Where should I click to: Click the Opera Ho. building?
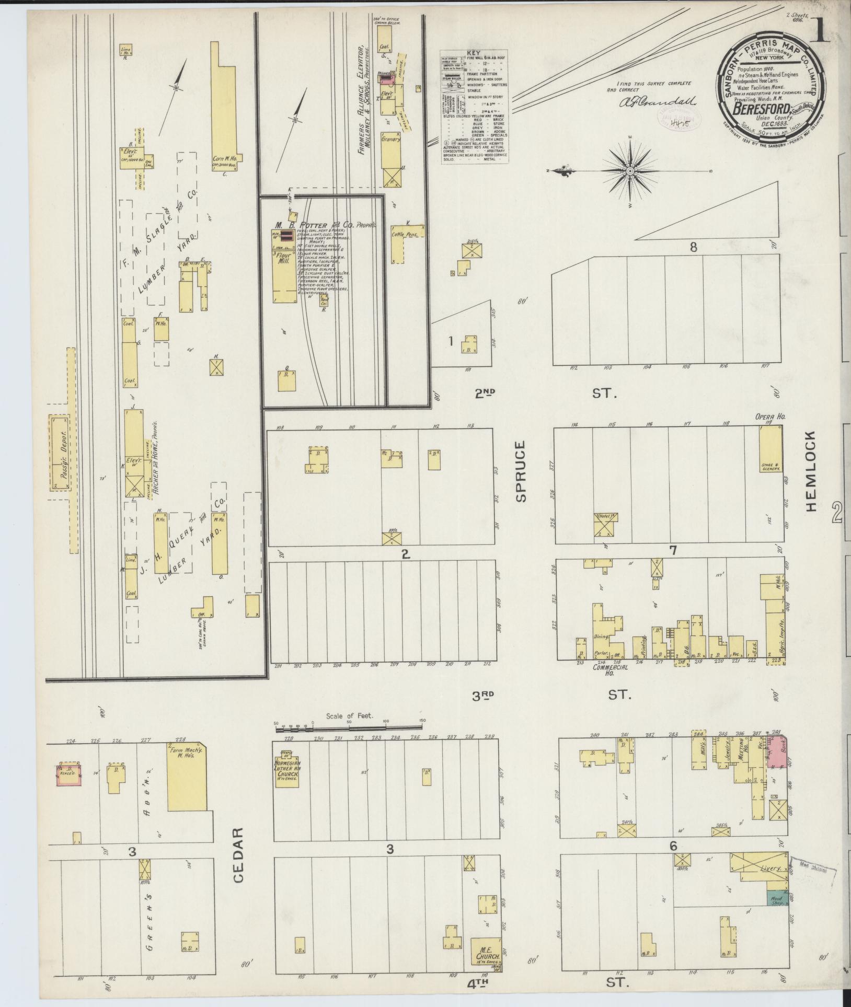point(771,450)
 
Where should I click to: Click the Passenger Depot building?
point(60,453)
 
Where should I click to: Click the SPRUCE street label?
point(520,472)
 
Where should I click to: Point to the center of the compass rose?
point(630,172)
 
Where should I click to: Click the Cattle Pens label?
point(408,236)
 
